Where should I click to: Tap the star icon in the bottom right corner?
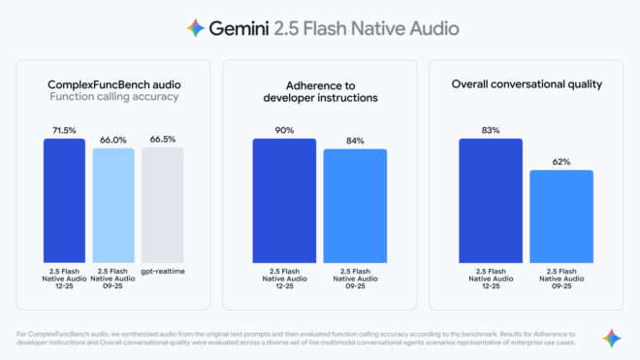pos(611,338)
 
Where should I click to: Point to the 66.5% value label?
pos(161,140)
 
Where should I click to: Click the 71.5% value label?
pos(64,129)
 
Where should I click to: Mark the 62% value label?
pos(560,161)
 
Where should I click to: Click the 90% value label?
pos(284,129)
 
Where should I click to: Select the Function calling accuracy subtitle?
pos(112,96)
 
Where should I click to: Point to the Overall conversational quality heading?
pos(527,84)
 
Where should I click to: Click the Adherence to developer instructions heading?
pos(319,91)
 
